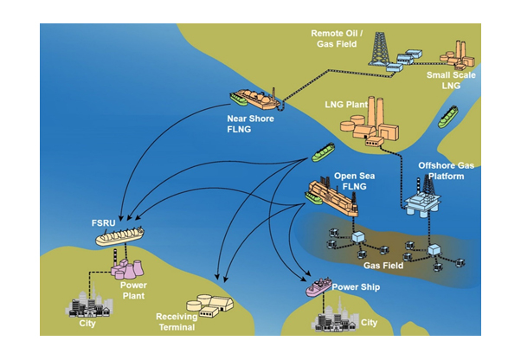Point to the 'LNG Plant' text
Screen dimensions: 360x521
pyautogui.click(x=343, y=105)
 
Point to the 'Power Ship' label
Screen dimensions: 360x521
pyautogui.click(x=356, y=286)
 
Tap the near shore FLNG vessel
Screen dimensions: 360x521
pyautogui.click(x=251, y=98)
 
